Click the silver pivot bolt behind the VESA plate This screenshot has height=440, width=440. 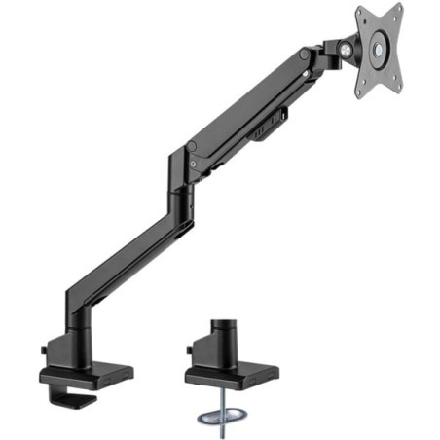coord(345,49)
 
